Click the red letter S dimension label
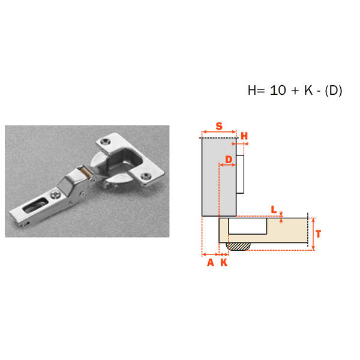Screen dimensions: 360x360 [x=219, y=126]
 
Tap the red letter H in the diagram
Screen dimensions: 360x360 [x=244, y=136]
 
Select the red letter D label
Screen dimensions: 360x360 [x=229, y=159]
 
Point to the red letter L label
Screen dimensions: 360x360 [x=274, y=209]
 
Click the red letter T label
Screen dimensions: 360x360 [x=318, y=234]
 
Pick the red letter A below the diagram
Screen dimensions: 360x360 [x=211, y=262]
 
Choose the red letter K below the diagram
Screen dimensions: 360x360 [x=224, y=262]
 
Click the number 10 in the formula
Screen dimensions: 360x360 [x=278, y=90]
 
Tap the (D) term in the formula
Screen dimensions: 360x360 [x=334, y=90]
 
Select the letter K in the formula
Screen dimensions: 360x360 [x=308, y=90]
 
